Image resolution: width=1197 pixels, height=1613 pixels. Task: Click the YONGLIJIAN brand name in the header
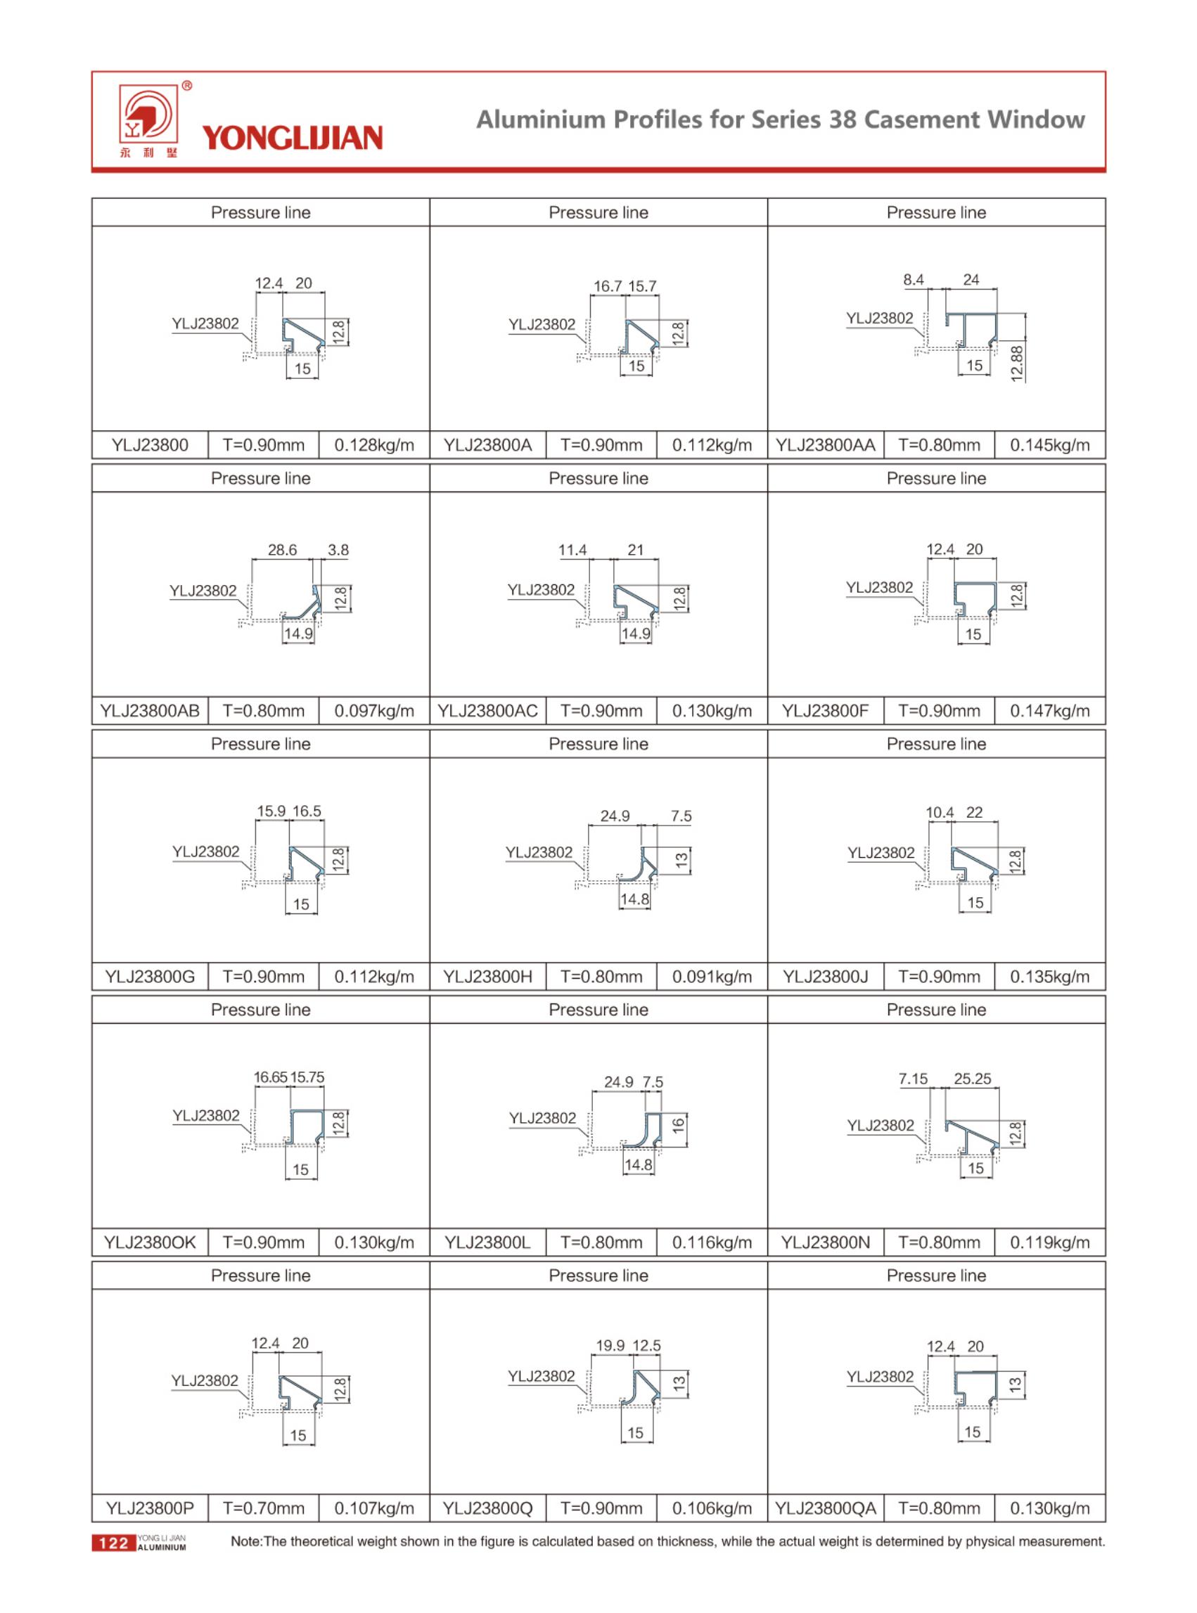[291, 138]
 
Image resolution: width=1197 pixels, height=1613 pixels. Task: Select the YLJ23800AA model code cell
[825, 444]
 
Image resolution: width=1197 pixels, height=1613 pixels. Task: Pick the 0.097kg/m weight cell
[374, 711]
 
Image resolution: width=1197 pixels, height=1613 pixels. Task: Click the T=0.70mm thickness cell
[263, 1508]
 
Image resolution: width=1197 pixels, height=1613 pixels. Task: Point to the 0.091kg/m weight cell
[712, 977]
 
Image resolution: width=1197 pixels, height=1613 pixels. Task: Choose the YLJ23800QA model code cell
[825, 1508]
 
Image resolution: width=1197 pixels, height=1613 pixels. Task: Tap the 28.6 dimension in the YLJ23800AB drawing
[282, 550]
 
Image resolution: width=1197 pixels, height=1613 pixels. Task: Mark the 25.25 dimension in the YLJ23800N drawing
[972, 1079]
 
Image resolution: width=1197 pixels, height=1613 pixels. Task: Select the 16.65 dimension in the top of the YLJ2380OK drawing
[270, 1077]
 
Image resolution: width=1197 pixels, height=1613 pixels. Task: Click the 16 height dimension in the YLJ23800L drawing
[678, 1126]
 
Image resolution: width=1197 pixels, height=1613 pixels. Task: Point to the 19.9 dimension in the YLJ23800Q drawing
[610, 1345]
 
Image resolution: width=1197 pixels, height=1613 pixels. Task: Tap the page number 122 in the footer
[113, 1543]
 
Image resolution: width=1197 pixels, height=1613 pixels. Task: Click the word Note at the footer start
[245, 1541]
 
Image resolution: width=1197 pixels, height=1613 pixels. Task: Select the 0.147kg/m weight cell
[1049, 711]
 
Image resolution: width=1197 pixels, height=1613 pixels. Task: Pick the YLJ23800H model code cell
[487, 977]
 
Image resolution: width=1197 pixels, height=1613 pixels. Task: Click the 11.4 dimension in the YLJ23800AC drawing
[572, 550]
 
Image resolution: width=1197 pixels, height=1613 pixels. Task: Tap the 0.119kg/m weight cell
[1049, 1242]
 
